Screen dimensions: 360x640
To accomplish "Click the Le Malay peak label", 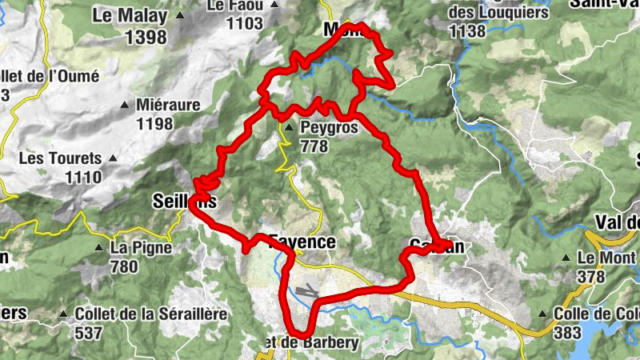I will click(x=130, y=15).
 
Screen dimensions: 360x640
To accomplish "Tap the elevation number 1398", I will click(x=146, y=37).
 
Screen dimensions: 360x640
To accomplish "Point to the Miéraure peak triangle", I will click(x=124, y=105).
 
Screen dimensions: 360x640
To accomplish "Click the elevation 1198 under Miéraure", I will click(x=154, y=123).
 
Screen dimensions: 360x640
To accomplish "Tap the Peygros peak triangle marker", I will click(x=288, y=126).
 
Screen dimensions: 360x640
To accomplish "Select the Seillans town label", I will click(x=184, y=202).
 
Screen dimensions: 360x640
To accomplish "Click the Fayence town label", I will click(x=302, y=242).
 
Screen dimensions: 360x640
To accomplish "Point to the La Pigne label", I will click(x=142, y=248).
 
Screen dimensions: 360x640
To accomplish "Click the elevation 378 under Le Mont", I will click(x=591, y=277).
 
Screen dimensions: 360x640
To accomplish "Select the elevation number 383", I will click(x=566, y=333).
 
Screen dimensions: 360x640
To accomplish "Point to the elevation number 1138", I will click(x=468, y=31).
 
